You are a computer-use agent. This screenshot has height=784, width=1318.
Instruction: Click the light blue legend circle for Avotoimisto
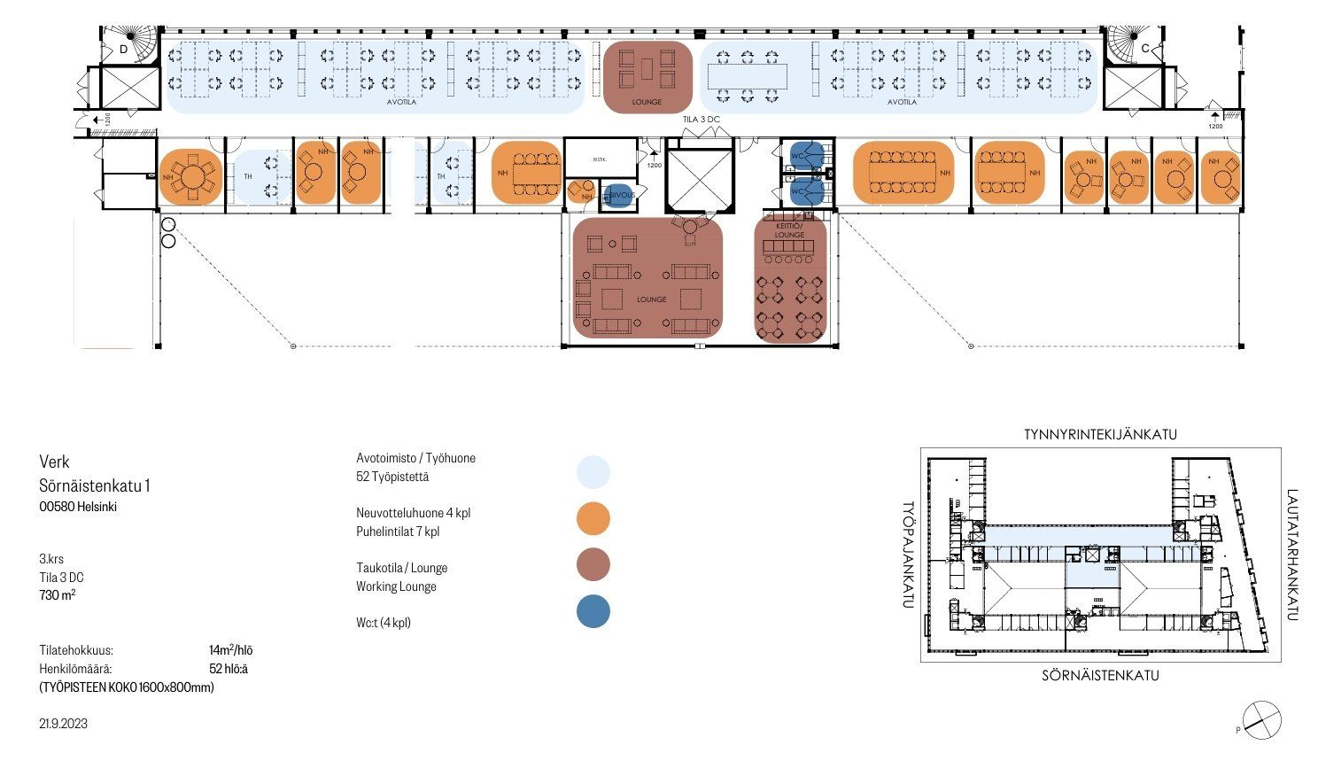(x=593, y=472)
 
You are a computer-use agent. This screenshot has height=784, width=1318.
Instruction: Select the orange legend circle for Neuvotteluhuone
(x=593, y=518)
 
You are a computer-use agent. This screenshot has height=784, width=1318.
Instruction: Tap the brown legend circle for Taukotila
(x=593, y=564)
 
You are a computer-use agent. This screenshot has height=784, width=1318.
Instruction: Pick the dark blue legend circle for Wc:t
(x=593, y=611)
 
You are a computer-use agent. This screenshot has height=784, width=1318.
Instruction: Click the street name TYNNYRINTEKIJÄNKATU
(x=1100, y=434)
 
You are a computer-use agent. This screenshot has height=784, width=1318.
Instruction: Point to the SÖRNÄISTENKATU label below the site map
(x=1100, y=676)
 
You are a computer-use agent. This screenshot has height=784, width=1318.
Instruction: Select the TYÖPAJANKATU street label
(x=908, y=555)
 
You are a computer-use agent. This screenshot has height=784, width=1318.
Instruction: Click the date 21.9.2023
(x=63, y=724)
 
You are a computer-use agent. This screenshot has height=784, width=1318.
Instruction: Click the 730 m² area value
(x=57, y=595)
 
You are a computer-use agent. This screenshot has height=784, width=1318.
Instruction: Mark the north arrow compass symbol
(x=1261, y=718)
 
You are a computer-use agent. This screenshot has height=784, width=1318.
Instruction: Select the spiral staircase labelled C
(x=1128, y=42)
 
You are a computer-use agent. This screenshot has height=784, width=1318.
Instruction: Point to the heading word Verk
(x=54, y=462)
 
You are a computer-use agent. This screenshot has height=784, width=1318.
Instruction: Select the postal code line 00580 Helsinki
(x=78, y=508)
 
